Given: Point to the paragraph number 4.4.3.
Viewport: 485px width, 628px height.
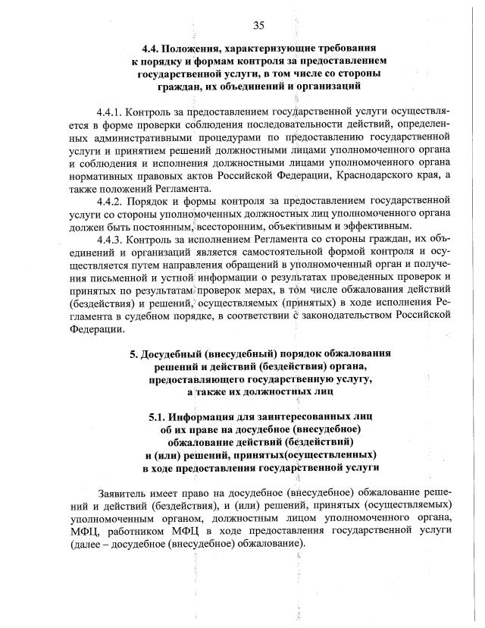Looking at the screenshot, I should (x=111, y=240).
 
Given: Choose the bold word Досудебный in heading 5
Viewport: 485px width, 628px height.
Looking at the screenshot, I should (x=176, y=354).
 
